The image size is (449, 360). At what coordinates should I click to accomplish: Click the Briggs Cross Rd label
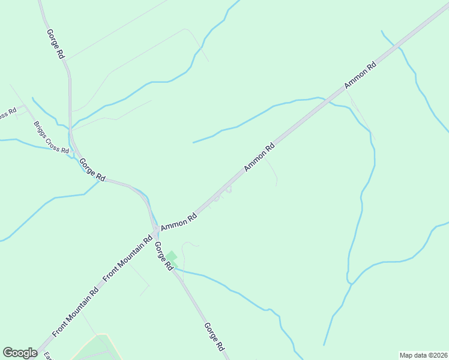point(51,139)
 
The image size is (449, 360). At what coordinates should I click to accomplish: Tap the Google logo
point(20,353)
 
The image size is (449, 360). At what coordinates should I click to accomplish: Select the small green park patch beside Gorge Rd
point(172,257)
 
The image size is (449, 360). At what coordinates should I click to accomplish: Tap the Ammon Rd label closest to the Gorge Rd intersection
point(179,220)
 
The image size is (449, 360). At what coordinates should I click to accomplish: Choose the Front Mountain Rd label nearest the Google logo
point(75,313)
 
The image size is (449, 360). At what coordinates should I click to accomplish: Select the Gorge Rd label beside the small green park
point(163,255)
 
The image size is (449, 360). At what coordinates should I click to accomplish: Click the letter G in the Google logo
point(8,353)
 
